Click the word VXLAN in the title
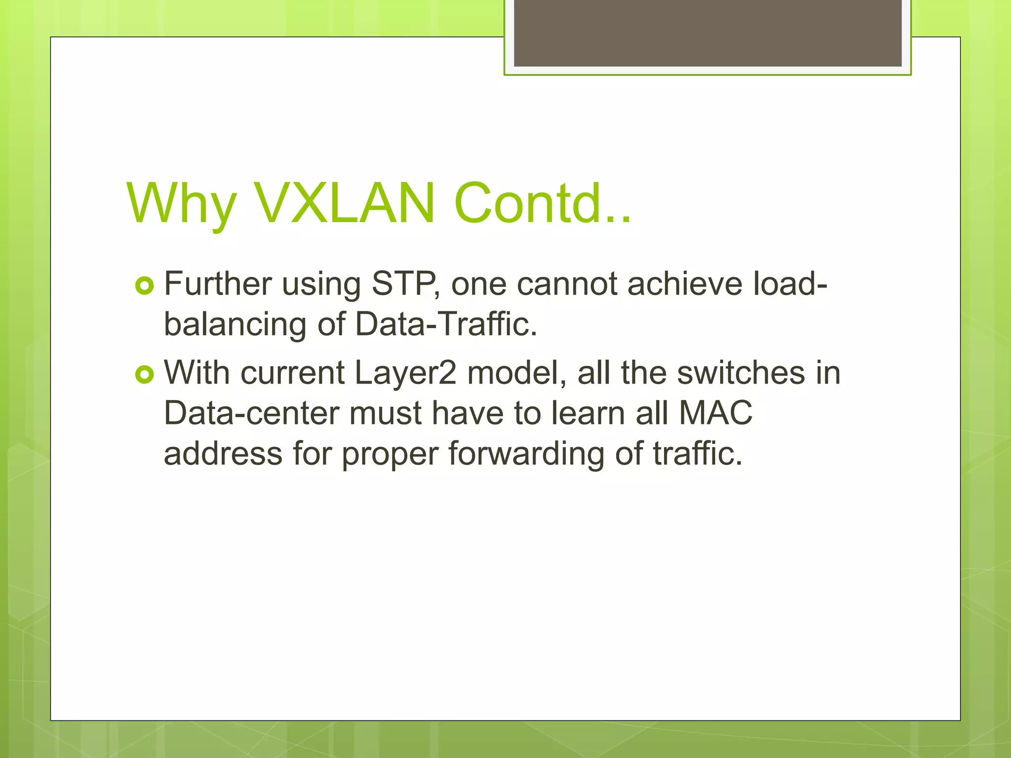coord(345,203)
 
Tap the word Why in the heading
coord(181,203)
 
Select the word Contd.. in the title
coord(542,203)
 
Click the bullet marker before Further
coord(144,286)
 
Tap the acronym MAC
coord(716,413)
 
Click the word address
coord(223,454)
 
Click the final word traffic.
coord(698,454)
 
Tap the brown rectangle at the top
coord(707,33)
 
